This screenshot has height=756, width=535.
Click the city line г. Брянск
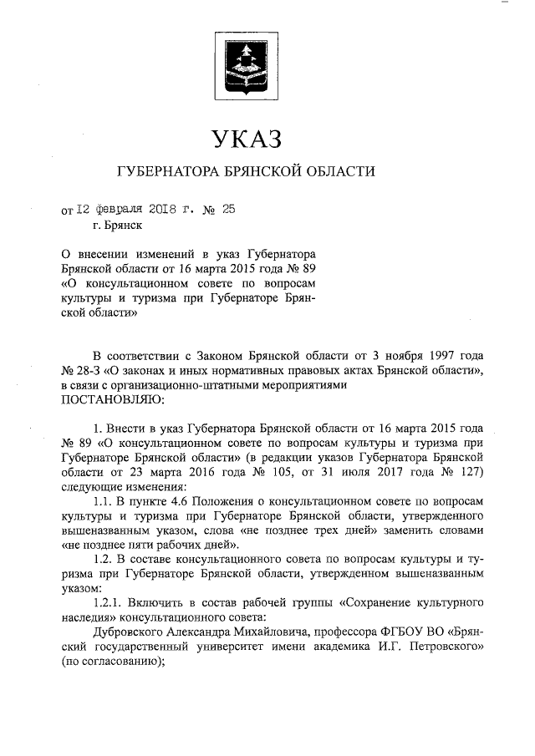118,226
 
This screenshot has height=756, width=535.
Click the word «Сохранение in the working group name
374,601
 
